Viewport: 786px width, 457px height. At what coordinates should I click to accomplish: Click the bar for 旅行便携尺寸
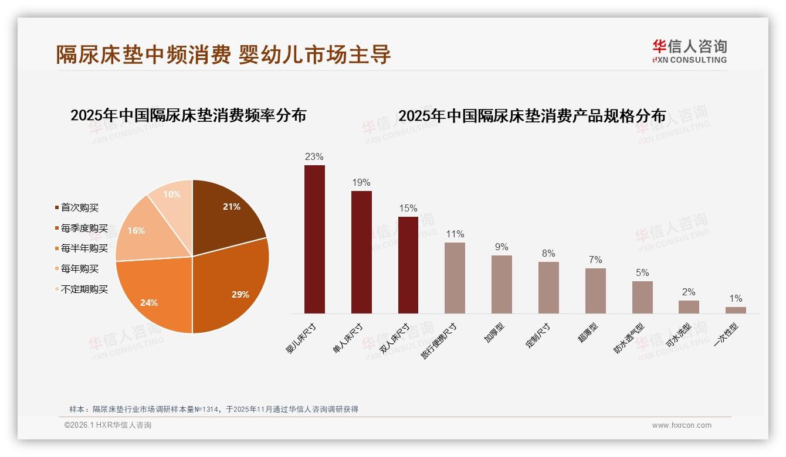coord(455,278)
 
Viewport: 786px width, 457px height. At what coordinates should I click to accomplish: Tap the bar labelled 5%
coord(642,297)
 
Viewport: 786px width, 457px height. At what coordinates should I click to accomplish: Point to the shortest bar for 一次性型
coord(736,310)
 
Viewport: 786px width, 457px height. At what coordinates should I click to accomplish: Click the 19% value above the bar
coord(361,183)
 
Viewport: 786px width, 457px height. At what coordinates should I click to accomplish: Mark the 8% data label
coord(548,254)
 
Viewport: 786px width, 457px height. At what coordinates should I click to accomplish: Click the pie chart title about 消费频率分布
coord(188,115)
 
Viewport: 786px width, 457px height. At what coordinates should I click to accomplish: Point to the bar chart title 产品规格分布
coord(532,116)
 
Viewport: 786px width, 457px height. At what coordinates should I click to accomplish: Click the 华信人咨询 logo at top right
coord(689,51)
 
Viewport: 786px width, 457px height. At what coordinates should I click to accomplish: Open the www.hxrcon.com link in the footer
coord(682,425)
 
